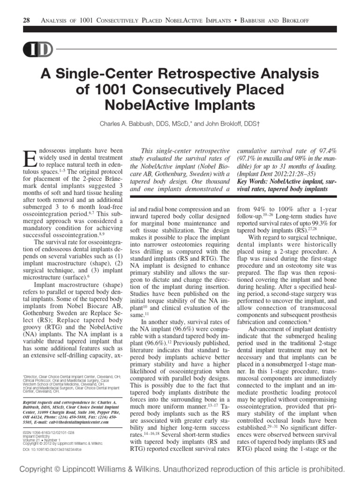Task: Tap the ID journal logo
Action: tap(32, 48)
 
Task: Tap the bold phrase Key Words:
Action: tap(255, 180)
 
